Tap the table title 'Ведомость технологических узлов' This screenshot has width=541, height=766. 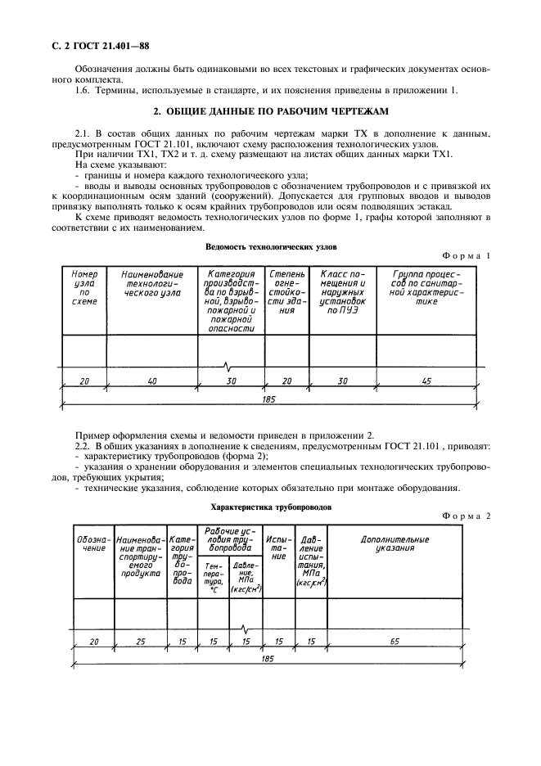(270, 246)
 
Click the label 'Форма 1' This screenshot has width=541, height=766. (466, 256)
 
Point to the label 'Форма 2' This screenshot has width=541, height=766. (466, 516)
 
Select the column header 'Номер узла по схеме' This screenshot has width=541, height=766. (84, 288)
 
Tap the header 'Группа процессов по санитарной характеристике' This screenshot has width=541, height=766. (426, 288)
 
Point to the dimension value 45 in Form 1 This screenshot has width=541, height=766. (426, 381)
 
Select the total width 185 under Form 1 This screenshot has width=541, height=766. (270, 399)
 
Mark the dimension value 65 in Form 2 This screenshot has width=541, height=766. (394, 642)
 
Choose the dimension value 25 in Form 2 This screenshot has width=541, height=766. (141, 642)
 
